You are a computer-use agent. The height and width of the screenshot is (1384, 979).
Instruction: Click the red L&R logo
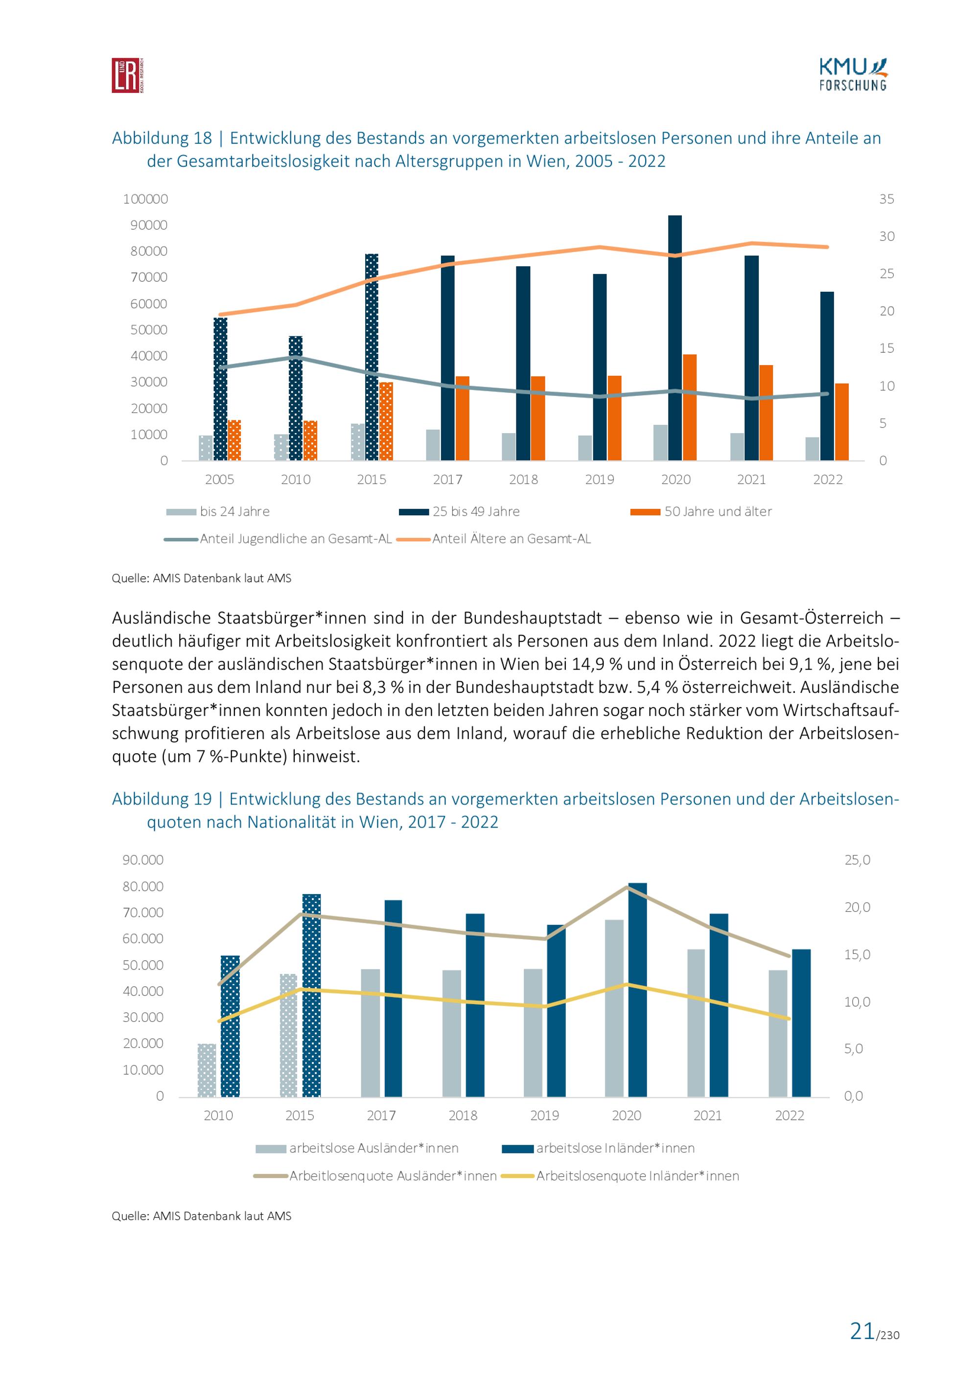point(127,75)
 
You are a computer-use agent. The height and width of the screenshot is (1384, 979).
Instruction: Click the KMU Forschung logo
point(852,75)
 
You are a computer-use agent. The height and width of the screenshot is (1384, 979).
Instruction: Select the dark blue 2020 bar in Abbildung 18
point(675,338)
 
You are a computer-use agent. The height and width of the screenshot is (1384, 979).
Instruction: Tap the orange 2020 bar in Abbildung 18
point(690,408)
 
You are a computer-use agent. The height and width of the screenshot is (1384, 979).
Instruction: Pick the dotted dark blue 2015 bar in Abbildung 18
point(372,357)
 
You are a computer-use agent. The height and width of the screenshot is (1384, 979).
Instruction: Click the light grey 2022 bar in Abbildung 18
point(812,449)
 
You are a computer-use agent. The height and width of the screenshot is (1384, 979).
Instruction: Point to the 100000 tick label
point(145,199)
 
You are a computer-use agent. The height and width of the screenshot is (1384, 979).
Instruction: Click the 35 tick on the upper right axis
point(886,199)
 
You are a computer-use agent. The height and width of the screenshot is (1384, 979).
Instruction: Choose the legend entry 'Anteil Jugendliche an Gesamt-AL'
point(295,539)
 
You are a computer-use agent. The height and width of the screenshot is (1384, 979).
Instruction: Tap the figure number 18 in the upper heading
point(203,138)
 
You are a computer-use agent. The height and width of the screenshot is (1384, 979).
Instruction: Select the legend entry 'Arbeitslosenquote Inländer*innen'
point(637,1176)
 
